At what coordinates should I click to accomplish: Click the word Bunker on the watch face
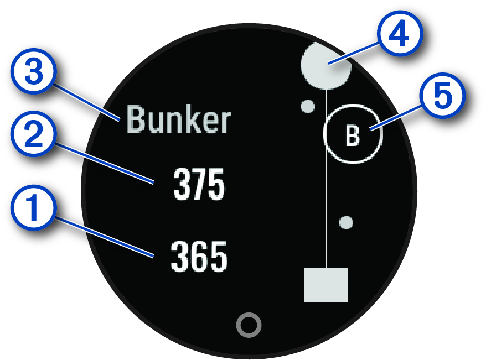(x=178, y=120)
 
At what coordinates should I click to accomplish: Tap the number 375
(x=199, y=185)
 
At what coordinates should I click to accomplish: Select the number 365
(x=199, y=258)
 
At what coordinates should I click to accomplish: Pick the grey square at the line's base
(x=326, y=285)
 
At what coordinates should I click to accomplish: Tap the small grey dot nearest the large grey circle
(x=307, y=106)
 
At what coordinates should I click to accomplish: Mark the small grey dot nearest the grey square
(x=347, y=223)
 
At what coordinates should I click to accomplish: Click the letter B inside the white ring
(x=353, y=135)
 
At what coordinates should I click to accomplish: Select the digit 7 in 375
(x=199, y=185)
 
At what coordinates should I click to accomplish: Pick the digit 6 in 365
(x=199, y=258)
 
